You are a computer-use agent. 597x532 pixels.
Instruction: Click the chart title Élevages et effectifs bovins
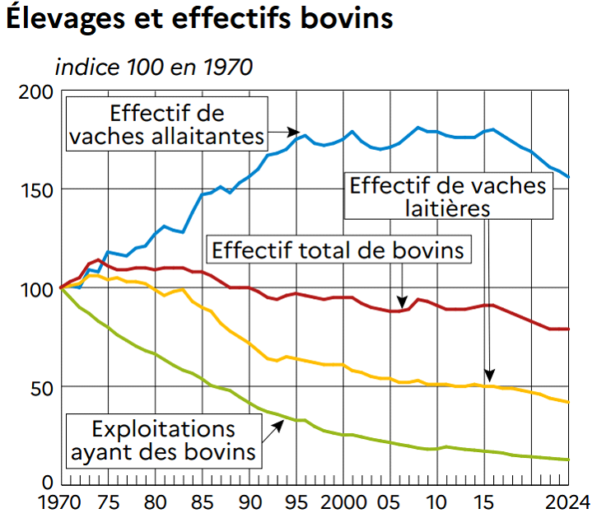click(199, 20)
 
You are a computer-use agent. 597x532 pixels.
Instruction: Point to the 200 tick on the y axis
click(35, 92)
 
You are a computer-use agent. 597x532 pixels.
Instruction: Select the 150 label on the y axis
click(35, 190)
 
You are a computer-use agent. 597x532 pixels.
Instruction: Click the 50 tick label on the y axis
click(40, 387)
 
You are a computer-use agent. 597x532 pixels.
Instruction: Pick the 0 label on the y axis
click(48, 483)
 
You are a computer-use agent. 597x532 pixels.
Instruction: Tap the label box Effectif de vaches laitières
click(448, 196)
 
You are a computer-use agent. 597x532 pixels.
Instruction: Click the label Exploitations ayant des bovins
click(163, 441)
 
